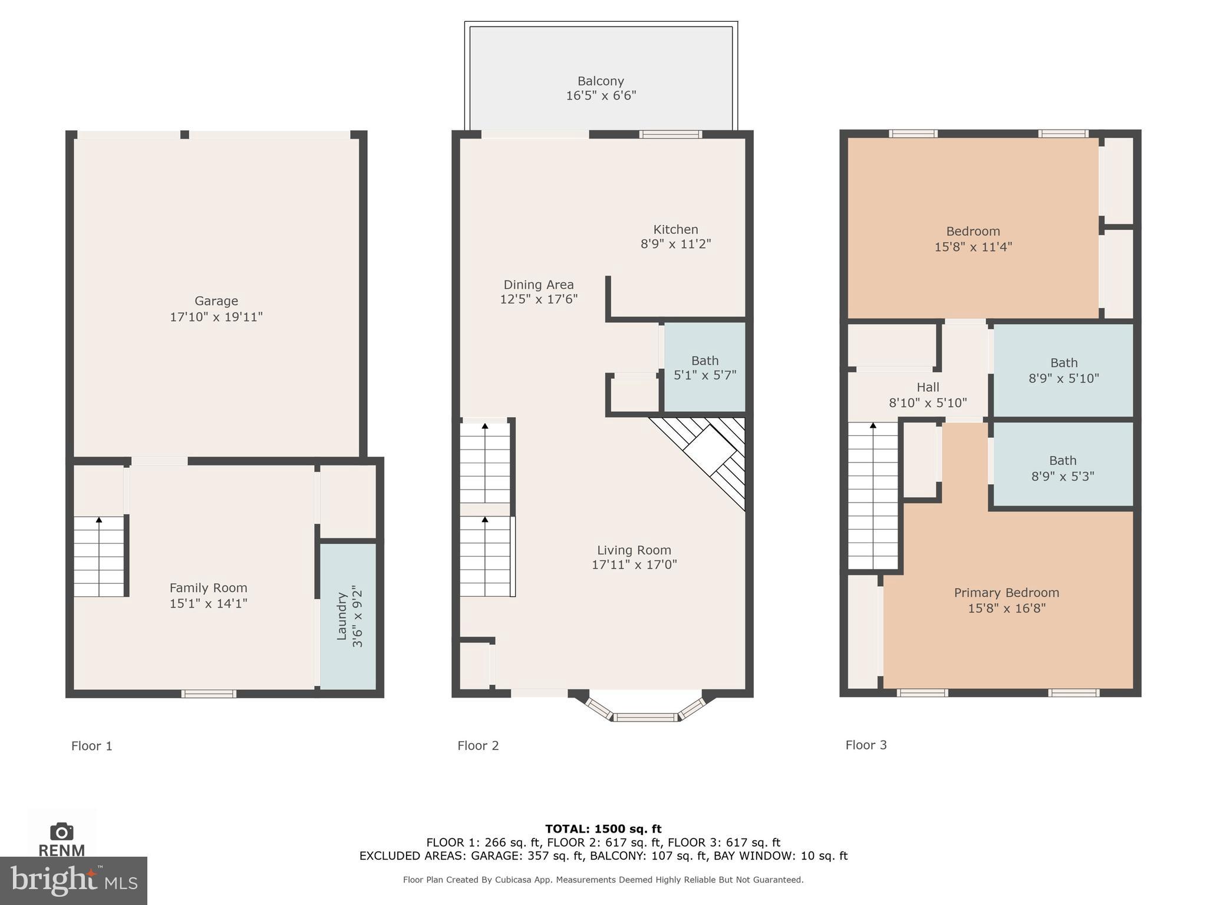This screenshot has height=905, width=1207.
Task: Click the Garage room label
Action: point(216,301)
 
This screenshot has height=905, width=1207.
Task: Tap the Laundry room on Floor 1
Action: point(348,616)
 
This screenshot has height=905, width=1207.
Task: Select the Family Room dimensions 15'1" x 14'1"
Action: point(208,603)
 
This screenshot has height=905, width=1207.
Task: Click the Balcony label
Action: point(601,81)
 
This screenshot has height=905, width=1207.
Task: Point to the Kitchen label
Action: point(675,230)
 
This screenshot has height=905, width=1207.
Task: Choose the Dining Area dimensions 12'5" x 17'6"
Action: point(538,299)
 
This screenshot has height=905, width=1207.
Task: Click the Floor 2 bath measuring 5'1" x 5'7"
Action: point(705,368)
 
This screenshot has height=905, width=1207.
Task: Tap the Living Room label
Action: point(634,550)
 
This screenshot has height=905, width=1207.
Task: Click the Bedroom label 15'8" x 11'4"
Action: point(973,232)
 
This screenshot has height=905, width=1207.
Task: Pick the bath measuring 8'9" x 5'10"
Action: point(1064,371)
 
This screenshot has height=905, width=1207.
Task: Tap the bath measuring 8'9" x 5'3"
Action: point(1063,468)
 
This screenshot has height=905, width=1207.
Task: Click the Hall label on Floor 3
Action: point(928,388)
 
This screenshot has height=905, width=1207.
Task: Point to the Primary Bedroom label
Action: point(1006,593)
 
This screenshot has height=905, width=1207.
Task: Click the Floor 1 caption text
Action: point(91,746)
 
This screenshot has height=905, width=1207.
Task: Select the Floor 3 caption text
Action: point(866,745)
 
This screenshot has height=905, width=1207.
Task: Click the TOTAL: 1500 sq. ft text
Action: point(603,829)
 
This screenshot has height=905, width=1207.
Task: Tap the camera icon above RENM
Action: point(61,831)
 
